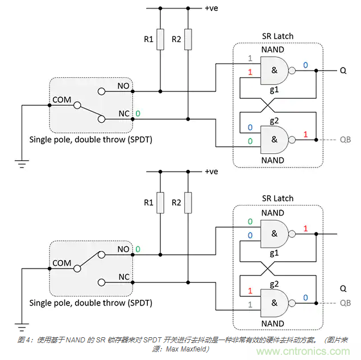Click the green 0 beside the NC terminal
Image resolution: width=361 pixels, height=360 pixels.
click(137, 114)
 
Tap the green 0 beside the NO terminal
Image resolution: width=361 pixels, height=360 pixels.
click(137, 249)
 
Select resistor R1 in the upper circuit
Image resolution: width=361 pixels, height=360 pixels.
click(160, 40)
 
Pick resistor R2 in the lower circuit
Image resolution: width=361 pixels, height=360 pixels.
click(188, 203)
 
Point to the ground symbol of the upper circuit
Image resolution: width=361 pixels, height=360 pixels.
click(23, 164)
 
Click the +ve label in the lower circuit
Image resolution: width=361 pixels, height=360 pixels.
click(211, 171)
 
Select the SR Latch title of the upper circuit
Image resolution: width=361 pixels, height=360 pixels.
click(277, 36)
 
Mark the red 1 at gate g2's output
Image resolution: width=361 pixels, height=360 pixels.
click(305, 134)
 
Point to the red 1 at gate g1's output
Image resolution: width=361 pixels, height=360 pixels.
click(305, 228)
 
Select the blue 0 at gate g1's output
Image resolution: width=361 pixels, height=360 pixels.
click(305, 65)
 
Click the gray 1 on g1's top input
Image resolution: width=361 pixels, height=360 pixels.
click(250, 58)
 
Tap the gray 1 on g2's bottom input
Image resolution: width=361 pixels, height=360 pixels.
click(250, 304)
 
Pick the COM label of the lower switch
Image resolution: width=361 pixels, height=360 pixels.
click(61, 263)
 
